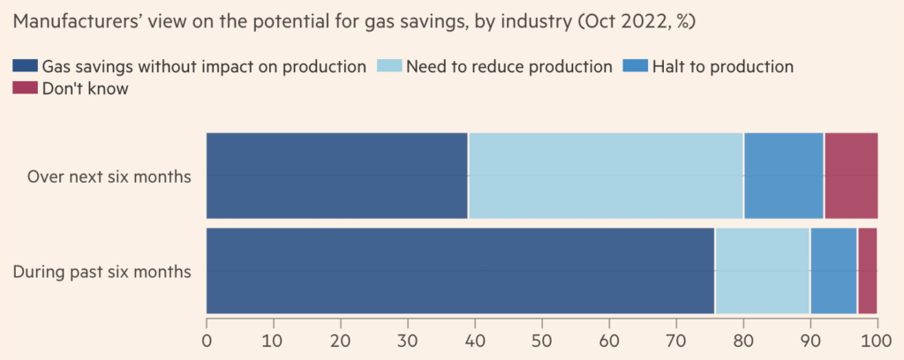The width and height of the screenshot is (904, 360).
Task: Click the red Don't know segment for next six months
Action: click(x=850, y=176)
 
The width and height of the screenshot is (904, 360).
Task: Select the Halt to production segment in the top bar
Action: click(x=783, y=176)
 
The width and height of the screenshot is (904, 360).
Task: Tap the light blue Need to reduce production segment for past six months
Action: click(x=762, y=270)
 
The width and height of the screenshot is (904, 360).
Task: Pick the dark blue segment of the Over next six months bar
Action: click(x=337, y=176)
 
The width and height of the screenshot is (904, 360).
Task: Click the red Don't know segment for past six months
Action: click(x=867, y=270)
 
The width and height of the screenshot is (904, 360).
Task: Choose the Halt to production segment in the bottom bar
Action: click(x=833, y=270)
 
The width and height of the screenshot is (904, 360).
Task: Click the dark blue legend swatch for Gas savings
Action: click(x=26, y=66)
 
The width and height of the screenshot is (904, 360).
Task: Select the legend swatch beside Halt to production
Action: click(x=637, y=66)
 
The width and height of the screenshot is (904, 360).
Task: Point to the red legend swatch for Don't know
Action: click(x=26, y=88)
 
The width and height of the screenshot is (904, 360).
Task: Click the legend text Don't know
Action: click(x=85, y=88)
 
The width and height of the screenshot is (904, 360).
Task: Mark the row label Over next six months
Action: click(x=109, y=176)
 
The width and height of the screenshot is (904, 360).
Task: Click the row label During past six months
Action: click(x=102, y=271)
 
